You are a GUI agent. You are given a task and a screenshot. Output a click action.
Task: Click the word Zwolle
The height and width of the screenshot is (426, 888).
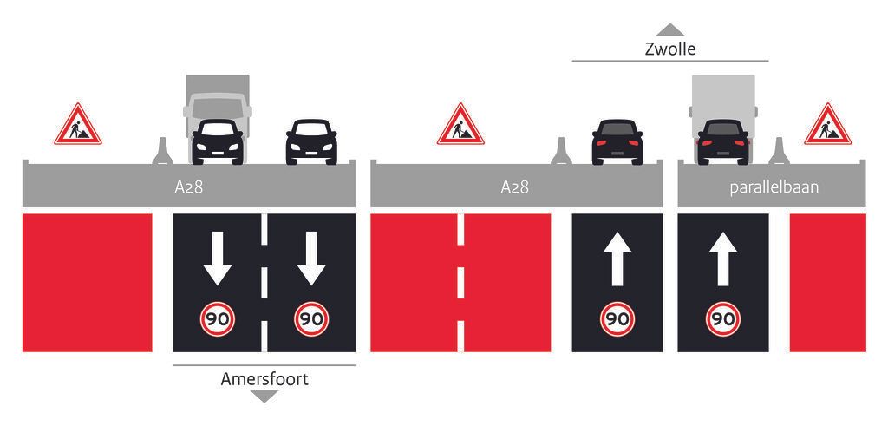pyautogui.click(x=670, y=49)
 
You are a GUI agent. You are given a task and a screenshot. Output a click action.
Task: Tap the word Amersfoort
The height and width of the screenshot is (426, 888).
pyautogui.click(x=264, y=379)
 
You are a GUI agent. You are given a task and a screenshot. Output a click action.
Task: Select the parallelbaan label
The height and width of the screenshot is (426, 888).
pyautogui.click(x=774, y=187)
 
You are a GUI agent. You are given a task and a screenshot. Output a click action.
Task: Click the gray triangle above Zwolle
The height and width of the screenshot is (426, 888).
pyautogui.click(x=670, y=29)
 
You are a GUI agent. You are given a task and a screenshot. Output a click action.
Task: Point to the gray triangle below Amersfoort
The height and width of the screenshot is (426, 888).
pyautogui.click(x=264, y=397)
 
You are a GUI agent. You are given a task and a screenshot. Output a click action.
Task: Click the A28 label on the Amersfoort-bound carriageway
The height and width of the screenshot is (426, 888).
pyautogui.click(x=188, y=187)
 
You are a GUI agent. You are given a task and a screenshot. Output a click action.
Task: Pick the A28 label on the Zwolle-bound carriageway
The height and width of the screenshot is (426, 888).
pyautogui.click(x=514, y=187)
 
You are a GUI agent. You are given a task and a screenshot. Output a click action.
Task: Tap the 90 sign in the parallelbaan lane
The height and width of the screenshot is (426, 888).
pyautogui.click(x=722, y=319)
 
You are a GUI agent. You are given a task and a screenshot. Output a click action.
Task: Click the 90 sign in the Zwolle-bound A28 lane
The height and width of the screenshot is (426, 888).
pyautogui.click(x=617, y=319)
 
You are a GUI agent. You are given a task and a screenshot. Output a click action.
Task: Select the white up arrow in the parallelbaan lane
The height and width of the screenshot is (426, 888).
pyautogui.click(x=722, y=259)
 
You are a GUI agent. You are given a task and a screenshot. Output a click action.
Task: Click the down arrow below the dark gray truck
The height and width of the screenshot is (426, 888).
pyautogui.click(x=218, y=259)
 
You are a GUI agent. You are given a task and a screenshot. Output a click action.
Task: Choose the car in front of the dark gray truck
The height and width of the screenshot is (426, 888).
pyautogui.click(x=218, y=141)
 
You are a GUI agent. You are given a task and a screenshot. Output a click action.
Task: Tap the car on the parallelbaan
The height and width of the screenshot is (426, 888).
pyautogui.click(x=723, y=141)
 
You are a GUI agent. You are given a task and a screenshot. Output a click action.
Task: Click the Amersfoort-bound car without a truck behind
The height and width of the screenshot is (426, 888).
pyautogui.click(x=311, y=141)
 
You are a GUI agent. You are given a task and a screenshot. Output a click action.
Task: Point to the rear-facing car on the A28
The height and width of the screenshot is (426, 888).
pyautogui.click(x=617, y=141)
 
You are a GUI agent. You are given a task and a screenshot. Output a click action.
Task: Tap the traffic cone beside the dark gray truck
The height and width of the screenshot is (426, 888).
pyautogui.click(x=162, y=151)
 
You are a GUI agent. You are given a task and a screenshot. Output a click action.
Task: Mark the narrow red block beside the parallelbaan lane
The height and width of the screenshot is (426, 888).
pyautogui.click(x=827, y=283)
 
